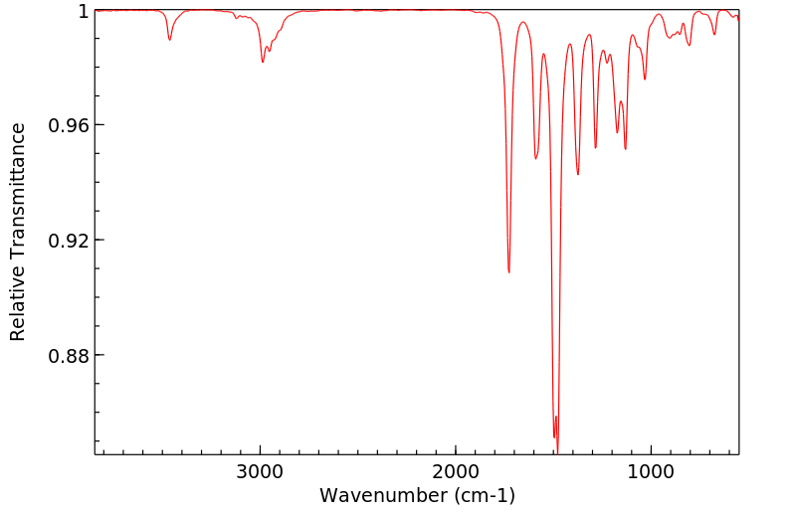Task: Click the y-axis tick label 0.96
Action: (x=70, y=125)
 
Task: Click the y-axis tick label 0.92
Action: (x=70, y=241)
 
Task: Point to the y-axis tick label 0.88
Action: (x=70, y=356)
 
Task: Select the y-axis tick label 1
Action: (x=84, y=11)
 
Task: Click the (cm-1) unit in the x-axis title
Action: (x=483, y=495)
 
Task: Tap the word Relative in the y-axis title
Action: (x=18, y=309)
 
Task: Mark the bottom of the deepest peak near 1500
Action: (x=558, y=453)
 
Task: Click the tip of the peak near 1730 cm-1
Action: (x=508, y=271)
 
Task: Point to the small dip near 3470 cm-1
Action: (x=170, y=40)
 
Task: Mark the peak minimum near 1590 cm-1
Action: (x=536, y=158)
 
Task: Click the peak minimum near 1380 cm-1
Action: (x=577, y=174)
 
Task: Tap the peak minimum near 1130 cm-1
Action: (x=625, y=149)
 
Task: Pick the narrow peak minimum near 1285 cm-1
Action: (x=595, y=147)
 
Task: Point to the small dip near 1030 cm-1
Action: (x=645, y=80)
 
